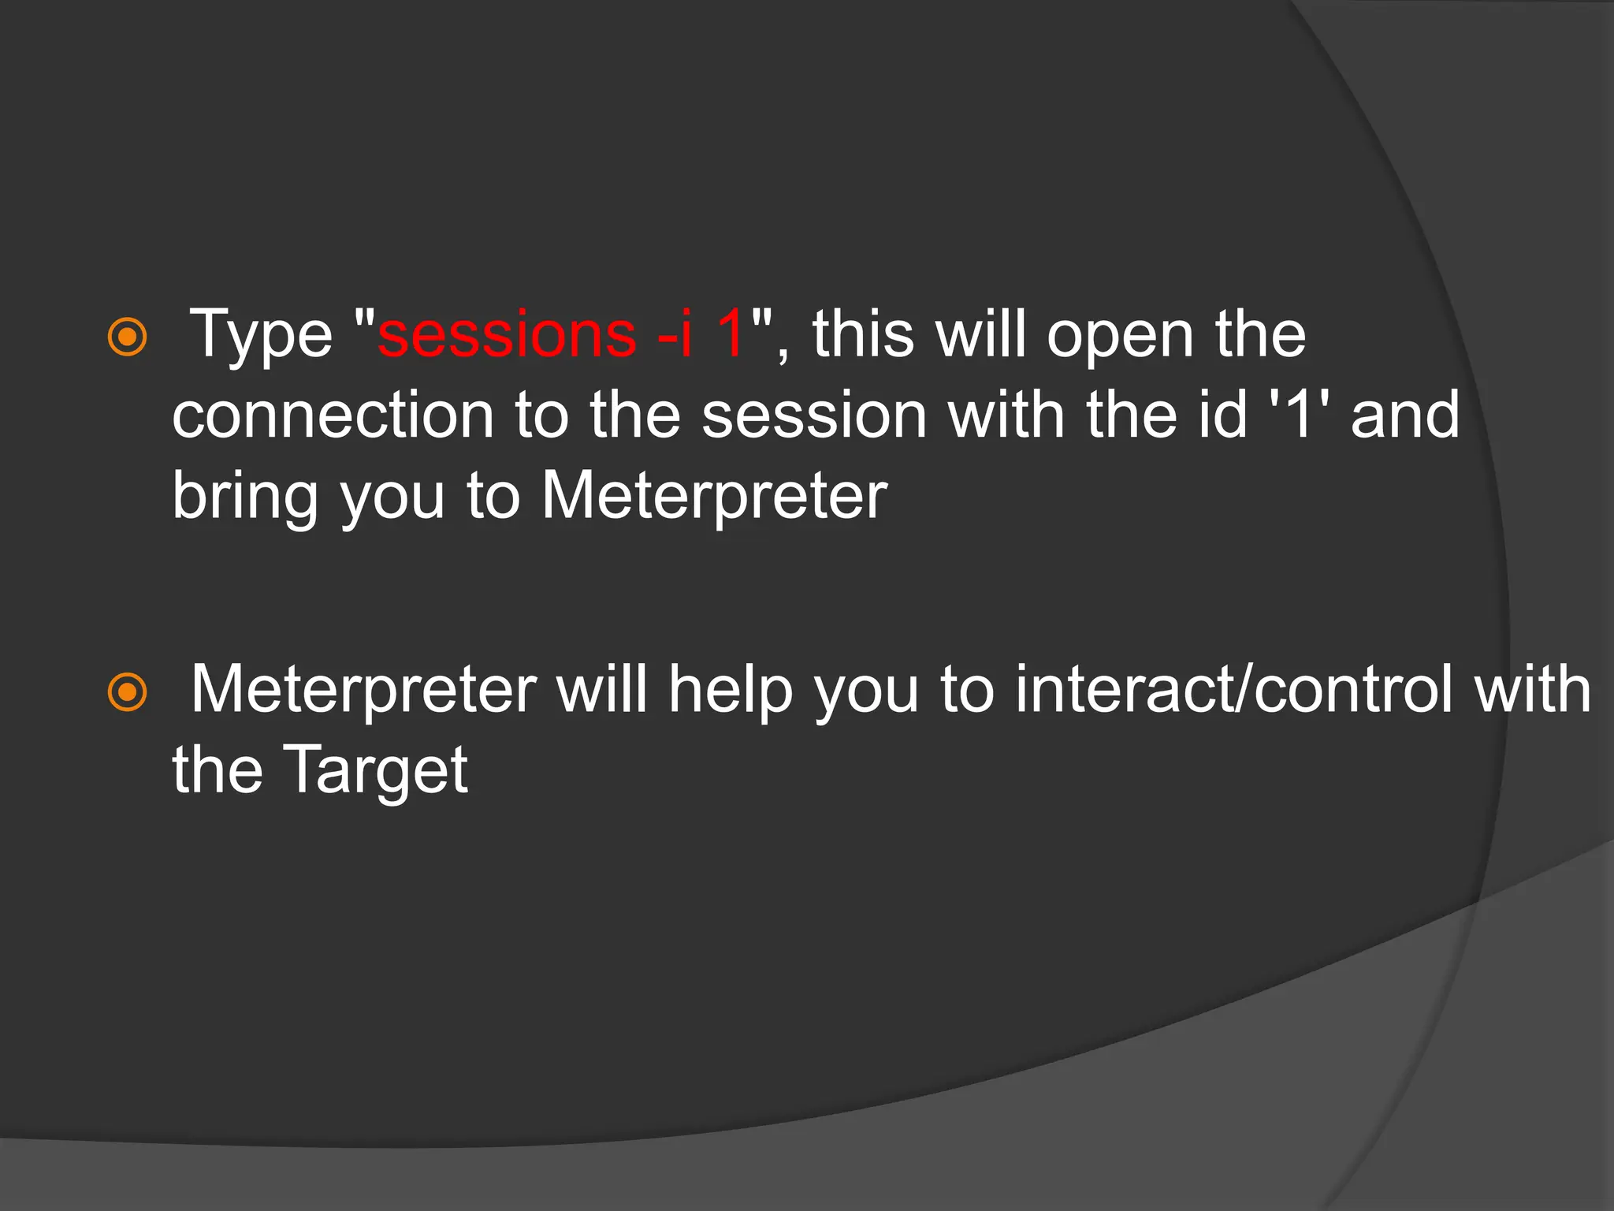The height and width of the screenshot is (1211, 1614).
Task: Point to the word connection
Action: coord(333,415)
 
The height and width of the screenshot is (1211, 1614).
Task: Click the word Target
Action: coord(375,772)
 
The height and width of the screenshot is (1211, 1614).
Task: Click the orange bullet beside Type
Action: coord(127,337)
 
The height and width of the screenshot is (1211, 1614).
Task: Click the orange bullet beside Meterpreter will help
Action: coord(127,692)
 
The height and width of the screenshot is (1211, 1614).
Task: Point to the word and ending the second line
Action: coord(1405,415)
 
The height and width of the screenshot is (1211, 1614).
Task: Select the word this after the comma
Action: coord(864,334)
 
